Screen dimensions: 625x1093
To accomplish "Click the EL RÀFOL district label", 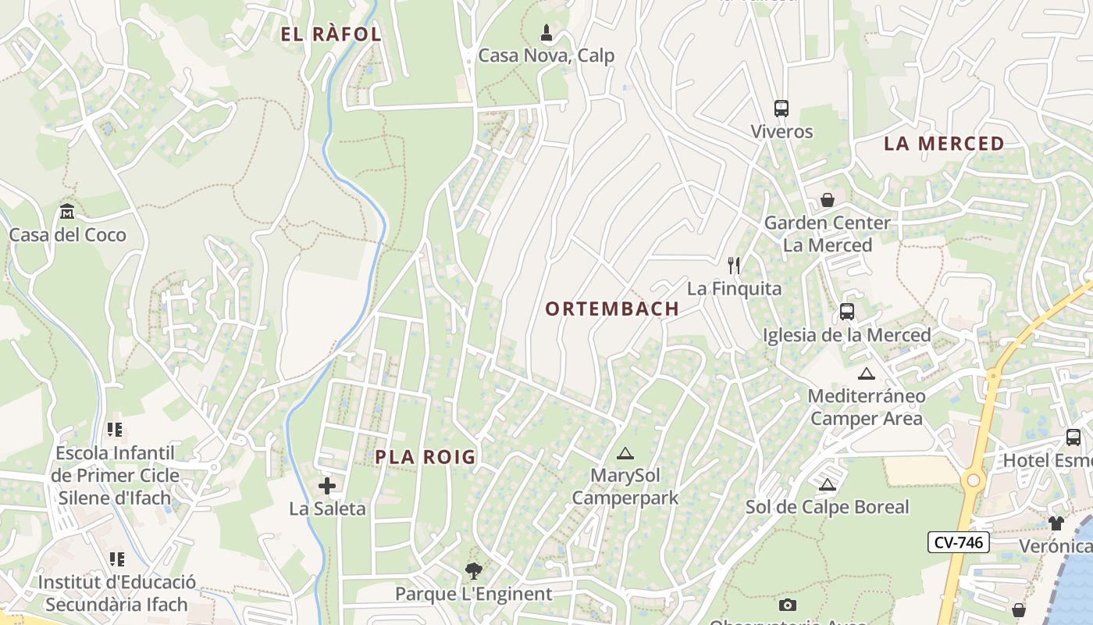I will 331,34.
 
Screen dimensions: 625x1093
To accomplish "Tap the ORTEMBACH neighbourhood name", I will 612,309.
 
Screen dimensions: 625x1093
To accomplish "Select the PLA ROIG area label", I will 425,457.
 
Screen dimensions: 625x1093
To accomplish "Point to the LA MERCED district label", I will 944,144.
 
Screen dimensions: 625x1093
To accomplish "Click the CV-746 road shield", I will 959,542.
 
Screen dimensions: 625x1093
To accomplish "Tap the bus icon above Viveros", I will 781,109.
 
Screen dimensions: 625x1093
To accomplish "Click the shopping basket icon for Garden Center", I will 828,200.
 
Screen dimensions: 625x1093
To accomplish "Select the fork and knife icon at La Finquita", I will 733,266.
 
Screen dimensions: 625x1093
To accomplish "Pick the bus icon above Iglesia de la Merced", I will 847,312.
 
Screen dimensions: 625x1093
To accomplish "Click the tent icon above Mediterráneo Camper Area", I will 866,373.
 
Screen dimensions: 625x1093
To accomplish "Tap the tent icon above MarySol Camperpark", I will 625,453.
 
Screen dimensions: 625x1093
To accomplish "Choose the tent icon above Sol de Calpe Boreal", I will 828,485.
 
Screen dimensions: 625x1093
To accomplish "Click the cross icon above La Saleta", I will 327,487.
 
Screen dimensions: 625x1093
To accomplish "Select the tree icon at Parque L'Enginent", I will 473,571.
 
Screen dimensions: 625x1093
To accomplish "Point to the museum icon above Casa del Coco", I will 67,212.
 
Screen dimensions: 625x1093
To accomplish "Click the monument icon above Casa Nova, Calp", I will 546,33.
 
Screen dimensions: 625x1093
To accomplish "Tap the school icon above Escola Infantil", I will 116,430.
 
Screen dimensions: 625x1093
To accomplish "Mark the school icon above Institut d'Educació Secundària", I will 117,559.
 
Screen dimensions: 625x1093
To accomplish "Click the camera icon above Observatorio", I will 788,605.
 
